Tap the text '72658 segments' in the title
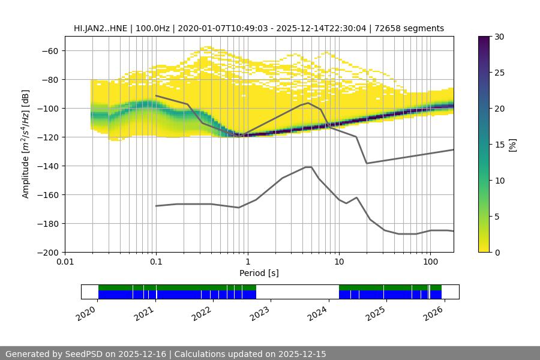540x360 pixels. tap(414, 28)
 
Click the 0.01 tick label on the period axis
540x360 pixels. tap(65, 262)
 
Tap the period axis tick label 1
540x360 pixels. tap(247, 262)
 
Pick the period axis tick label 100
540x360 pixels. tap(430, 262)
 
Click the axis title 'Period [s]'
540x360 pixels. tap(259, 273)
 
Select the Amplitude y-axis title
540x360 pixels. tap(26, 144)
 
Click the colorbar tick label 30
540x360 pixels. tap(499, 37)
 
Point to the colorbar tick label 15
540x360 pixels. tap(499, 145)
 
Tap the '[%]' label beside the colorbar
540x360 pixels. tap(512, 145)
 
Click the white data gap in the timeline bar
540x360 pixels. tap(297, 292)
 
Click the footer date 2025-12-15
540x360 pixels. tap(302, 354)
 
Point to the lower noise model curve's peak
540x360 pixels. tap(308, 167)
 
